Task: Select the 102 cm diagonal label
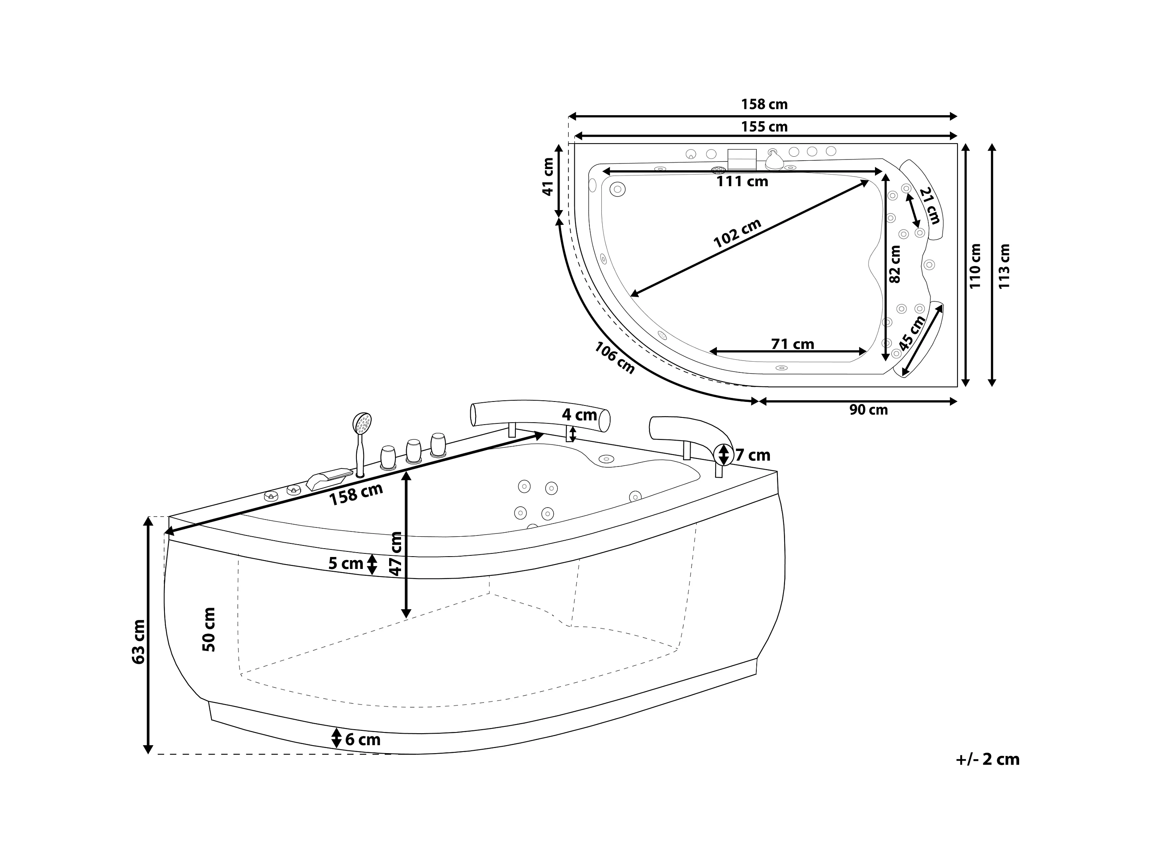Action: (x=737, y=233)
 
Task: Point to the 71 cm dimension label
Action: (x=793, y=344)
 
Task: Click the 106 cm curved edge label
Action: (x=615, y=358)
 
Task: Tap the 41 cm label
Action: (x=547, y=177)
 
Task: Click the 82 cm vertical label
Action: (x=895, y=264)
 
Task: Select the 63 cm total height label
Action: (x=139, y=642)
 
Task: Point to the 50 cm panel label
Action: (x=209, y=629)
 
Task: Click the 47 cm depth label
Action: (x=396, y=553)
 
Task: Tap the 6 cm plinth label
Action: (x=363, y=740)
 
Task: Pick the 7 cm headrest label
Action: (x=752, y=455)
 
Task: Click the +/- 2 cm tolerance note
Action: (x=987, y=759)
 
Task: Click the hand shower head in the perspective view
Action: (x=362, y=423)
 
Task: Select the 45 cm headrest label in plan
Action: (x=912, y=333)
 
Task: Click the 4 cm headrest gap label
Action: (x=579, y=415)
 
